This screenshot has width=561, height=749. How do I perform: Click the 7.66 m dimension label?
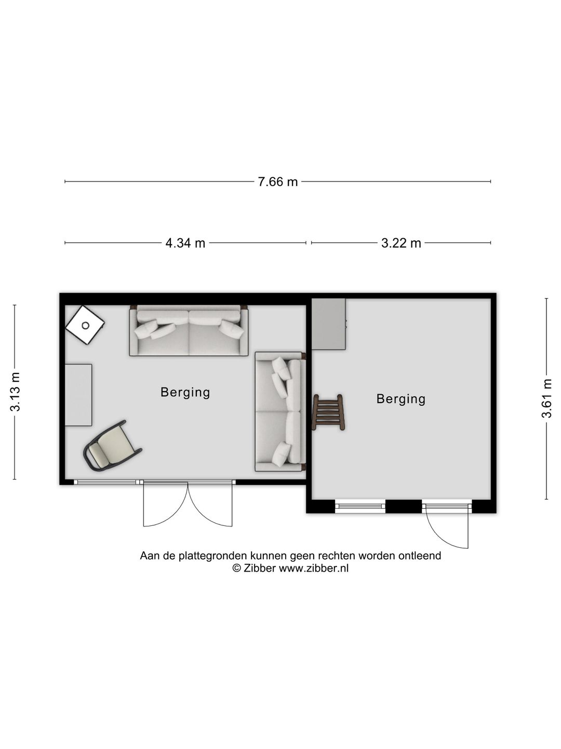click(x=277, y=182)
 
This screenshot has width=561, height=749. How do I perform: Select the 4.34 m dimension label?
click(x=185, y=243)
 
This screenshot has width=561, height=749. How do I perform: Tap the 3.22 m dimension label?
click(x=401, y=243)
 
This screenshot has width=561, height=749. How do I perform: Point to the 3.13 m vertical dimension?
click(x=16, y=392)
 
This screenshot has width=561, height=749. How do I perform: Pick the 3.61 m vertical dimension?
click(x=546, y=398)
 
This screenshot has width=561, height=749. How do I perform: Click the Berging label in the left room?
click(x=185, y=392)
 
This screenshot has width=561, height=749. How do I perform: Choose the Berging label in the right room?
click(x=401, y=399)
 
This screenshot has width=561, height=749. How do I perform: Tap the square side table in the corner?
click(x=85, y=325)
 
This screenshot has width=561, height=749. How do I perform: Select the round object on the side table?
click(x=86, y=326)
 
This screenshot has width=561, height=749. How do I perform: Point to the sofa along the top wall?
click(x=189, y=331)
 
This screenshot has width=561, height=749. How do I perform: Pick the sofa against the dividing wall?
click(x=280, y=411)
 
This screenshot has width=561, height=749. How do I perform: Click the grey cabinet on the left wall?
click(x=78, y=395)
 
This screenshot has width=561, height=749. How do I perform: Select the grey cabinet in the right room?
click(x=329, y=324)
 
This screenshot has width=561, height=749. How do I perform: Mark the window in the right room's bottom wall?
click(x=360, y=507)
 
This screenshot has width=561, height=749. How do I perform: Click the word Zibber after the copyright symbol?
click(x=259, y=568)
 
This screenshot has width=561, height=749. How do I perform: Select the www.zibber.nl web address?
click(x=314, y=568)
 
